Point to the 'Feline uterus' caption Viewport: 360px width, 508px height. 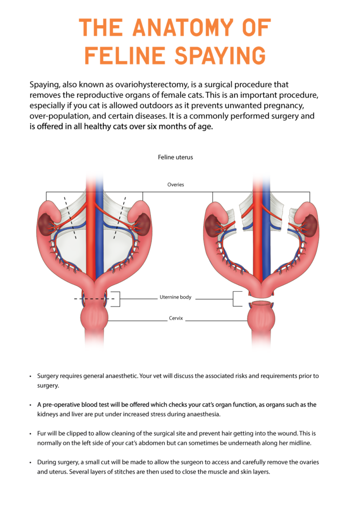pos(175,157)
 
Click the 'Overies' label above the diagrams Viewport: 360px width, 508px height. pos(176,185)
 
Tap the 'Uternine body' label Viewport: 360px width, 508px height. pos(175,298)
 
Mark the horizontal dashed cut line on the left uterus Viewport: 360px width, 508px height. pos(94,299)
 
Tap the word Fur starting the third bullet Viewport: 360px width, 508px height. pos(42,434)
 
